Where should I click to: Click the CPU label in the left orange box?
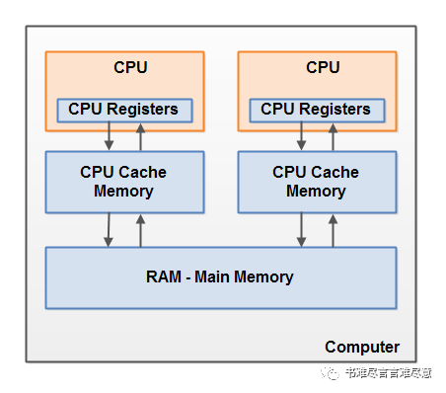coord(130,67)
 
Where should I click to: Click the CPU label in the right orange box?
coord(323,67)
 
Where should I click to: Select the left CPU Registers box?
coord(124,111)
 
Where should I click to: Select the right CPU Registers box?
coord(317,111)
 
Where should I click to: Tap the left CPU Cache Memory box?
coord(124,183)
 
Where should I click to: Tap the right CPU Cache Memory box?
coord(317,183)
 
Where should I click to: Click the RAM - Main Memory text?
coord(220,277)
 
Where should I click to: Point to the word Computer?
coord(362,348)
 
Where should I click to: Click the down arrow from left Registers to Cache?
coord(109,136)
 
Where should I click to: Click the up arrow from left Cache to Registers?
coord(140,137)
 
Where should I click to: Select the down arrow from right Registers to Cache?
coord(301,136)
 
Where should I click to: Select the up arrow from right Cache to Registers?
coord(333,137)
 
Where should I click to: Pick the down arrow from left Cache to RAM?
coord(109,230)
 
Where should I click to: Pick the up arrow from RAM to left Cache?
coord(140,231)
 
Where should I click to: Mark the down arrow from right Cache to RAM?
coord(301,230)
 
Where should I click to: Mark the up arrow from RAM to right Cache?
coord(333,231)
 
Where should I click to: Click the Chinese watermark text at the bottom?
coord(389,373)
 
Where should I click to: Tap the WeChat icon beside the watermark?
coord(331,373)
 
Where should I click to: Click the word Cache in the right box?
coord(334,172)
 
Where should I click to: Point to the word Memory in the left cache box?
coord(123,192)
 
